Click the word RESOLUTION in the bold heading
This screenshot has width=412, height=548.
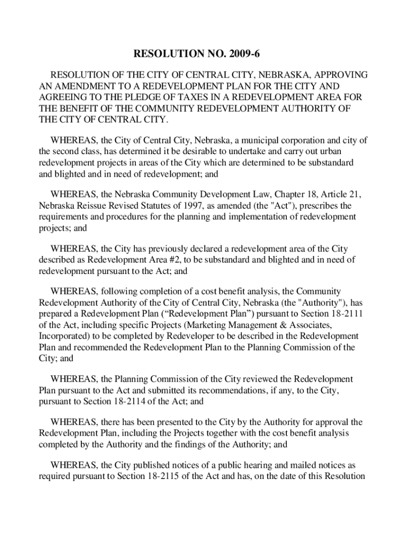166,54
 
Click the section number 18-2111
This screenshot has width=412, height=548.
342,314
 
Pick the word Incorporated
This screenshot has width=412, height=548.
65,336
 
